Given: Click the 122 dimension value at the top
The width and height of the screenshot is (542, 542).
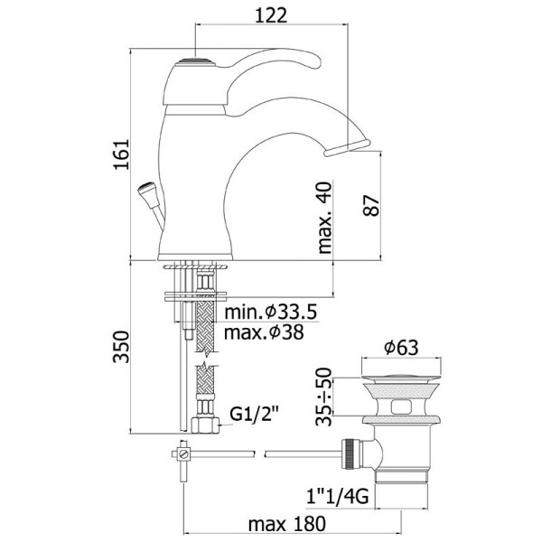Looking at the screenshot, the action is coord(271,15).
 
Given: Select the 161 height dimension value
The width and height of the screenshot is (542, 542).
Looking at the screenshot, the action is coord(121,154).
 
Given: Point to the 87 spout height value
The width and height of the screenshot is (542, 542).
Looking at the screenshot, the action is coord(371,206).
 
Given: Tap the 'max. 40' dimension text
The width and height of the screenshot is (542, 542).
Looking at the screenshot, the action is coord(324,218).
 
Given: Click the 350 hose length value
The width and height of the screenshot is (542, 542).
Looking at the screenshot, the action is coord(121,347).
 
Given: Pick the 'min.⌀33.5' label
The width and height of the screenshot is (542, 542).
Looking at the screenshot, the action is coord(271,313).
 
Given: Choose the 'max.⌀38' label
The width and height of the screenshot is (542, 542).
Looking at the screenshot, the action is coord(264,332).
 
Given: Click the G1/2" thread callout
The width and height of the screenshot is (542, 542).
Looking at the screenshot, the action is coord(254,414).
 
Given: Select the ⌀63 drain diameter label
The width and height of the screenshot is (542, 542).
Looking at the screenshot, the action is coord(401,348).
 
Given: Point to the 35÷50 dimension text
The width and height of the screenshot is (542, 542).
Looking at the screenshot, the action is coord(323,397).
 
